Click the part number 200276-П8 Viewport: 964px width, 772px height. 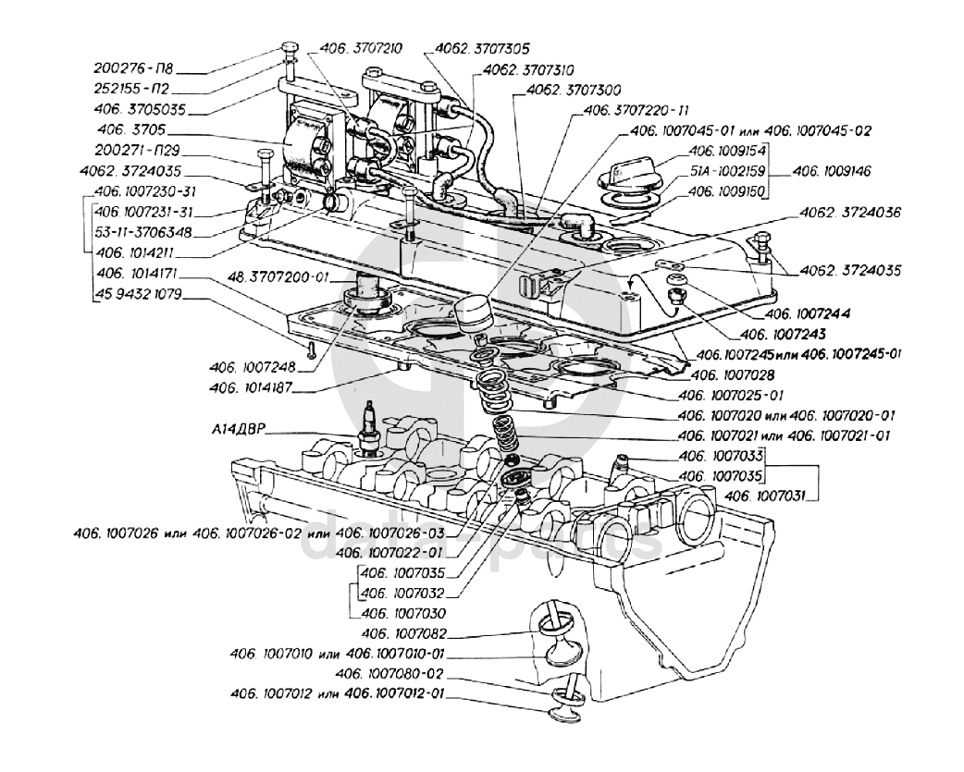click(136, 67)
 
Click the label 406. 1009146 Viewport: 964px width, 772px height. click(830, 171)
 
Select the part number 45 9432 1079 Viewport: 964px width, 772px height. click(138, 295)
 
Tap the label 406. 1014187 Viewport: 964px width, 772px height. click(249, 387)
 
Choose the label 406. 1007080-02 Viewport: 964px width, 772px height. click(391, 674)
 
